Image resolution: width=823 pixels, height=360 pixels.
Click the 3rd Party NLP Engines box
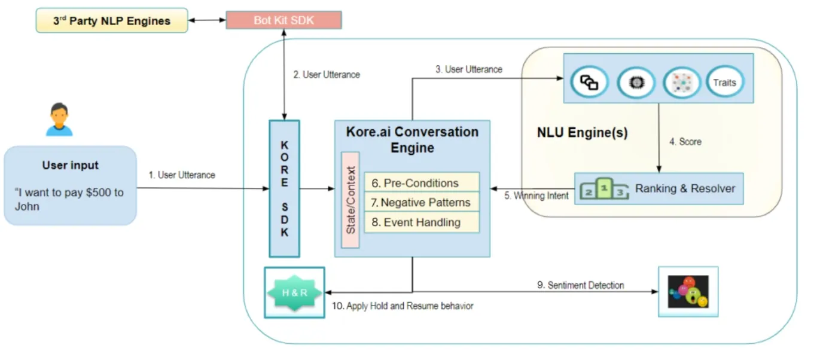tap(112, 21)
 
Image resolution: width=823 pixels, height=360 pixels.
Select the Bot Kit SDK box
tap(284, 20)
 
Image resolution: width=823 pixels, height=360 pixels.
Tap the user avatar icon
tap(59, 120)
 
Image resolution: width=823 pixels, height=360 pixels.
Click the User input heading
tap(71, 165)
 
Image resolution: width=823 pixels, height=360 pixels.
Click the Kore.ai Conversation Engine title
tap(412, 139)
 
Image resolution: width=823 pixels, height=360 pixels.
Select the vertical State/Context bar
tap(350, 200)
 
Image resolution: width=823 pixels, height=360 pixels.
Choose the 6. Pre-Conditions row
tap(422, 183)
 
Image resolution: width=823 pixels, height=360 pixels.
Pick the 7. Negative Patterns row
tap(422, 203)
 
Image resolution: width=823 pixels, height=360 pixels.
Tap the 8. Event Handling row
tap(422, 222)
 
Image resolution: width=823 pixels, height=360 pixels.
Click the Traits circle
tap(724, 83)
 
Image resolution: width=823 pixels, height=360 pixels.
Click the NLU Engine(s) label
tap(582, 133)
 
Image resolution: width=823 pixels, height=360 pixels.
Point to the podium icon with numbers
tap(604, 189)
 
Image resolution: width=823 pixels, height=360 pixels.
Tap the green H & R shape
tap(294, 292)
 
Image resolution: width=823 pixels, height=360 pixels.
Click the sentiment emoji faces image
tap(688, 292)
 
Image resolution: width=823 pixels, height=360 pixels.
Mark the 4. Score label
tap(685, 142)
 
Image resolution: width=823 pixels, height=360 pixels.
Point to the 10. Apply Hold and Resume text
tap(403, 306)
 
